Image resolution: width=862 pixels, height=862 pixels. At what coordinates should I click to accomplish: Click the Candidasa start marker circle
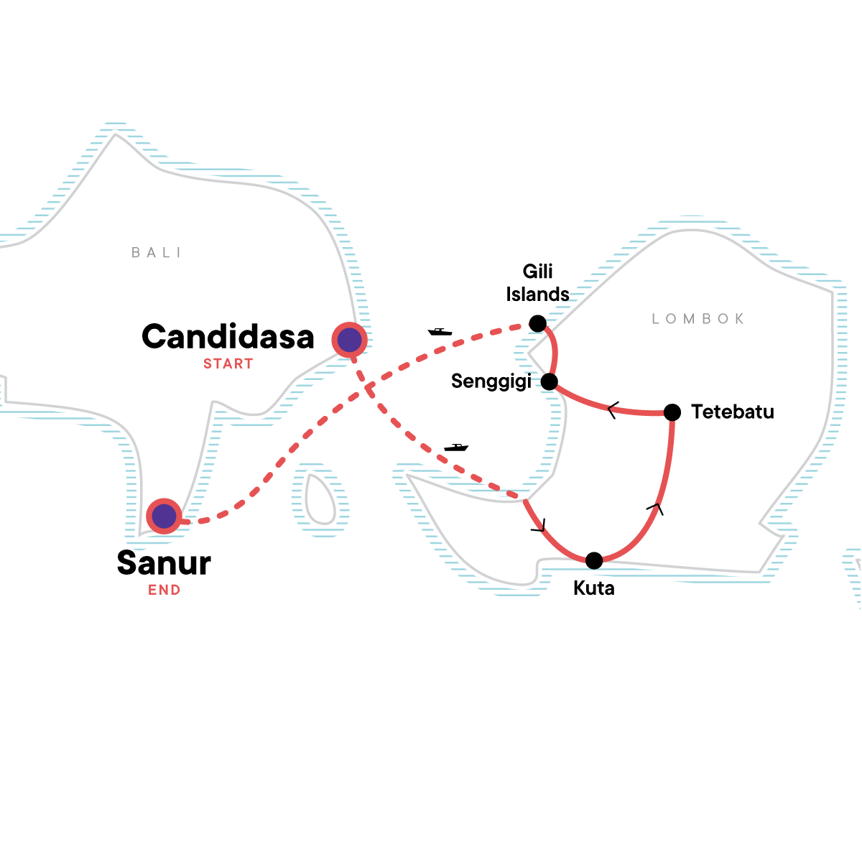point(349,340)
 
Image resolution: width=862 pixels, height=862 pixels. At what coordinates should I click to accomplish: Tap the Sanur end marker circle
point(164,516)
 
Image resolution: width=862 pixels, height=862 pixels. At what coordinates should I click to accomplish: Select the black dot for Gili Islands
point(538,323)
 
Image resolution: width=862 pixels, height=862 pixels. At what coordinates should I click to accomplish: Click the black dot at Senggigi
point(550,381)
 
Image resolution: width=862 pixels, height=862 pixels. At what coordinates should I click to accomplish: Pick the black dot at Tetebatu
point(672,412)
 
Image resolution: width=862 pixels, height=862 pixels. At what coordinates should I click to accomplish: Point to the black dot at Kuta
point(594,560)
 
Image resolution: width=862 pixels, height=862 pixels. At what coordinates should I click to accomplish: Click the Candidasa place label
point(228,336)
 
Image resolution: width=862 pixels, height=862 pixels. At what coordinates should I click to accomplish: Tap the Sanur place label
point(164,562)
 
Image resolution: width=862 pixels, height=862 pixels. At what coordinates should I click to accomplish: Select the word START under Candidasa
point(228,363)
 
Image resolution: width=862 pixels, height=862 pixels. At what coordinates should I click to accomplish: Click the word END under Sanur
point(164,590)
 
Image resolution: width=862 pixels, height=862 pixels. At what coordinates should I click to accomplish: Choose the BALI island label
point(156,253)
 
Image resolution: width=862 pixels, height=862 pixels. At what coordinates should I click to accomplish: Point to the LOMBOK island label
point(698,319)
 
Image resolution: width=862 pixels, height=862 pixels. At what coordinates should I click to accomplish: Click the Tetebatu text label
point(733,412)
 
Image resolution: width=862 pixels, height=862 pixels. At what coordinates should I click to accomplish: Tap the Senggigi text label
point(491,381)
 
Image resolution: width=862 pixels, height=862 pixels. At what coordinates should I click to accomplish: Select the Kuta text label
point(594,588)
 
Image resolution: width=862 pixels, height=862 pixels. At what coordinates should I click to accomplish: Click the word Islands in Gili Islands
point(538,295)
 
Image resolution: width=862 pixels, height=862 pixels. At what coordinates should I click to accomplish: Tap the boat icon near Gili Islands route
point(440,331)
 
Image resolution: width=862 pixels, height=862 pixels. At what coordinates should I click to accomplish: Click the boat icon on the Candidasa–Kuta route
point(456,448)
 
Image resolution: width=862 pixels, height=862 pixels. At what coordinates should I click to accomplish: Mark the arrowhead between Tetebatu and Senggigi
point(613,409)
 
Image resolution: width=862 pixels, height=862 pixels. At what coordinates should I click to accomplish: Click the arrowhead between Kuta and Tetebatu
point(656,509)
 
